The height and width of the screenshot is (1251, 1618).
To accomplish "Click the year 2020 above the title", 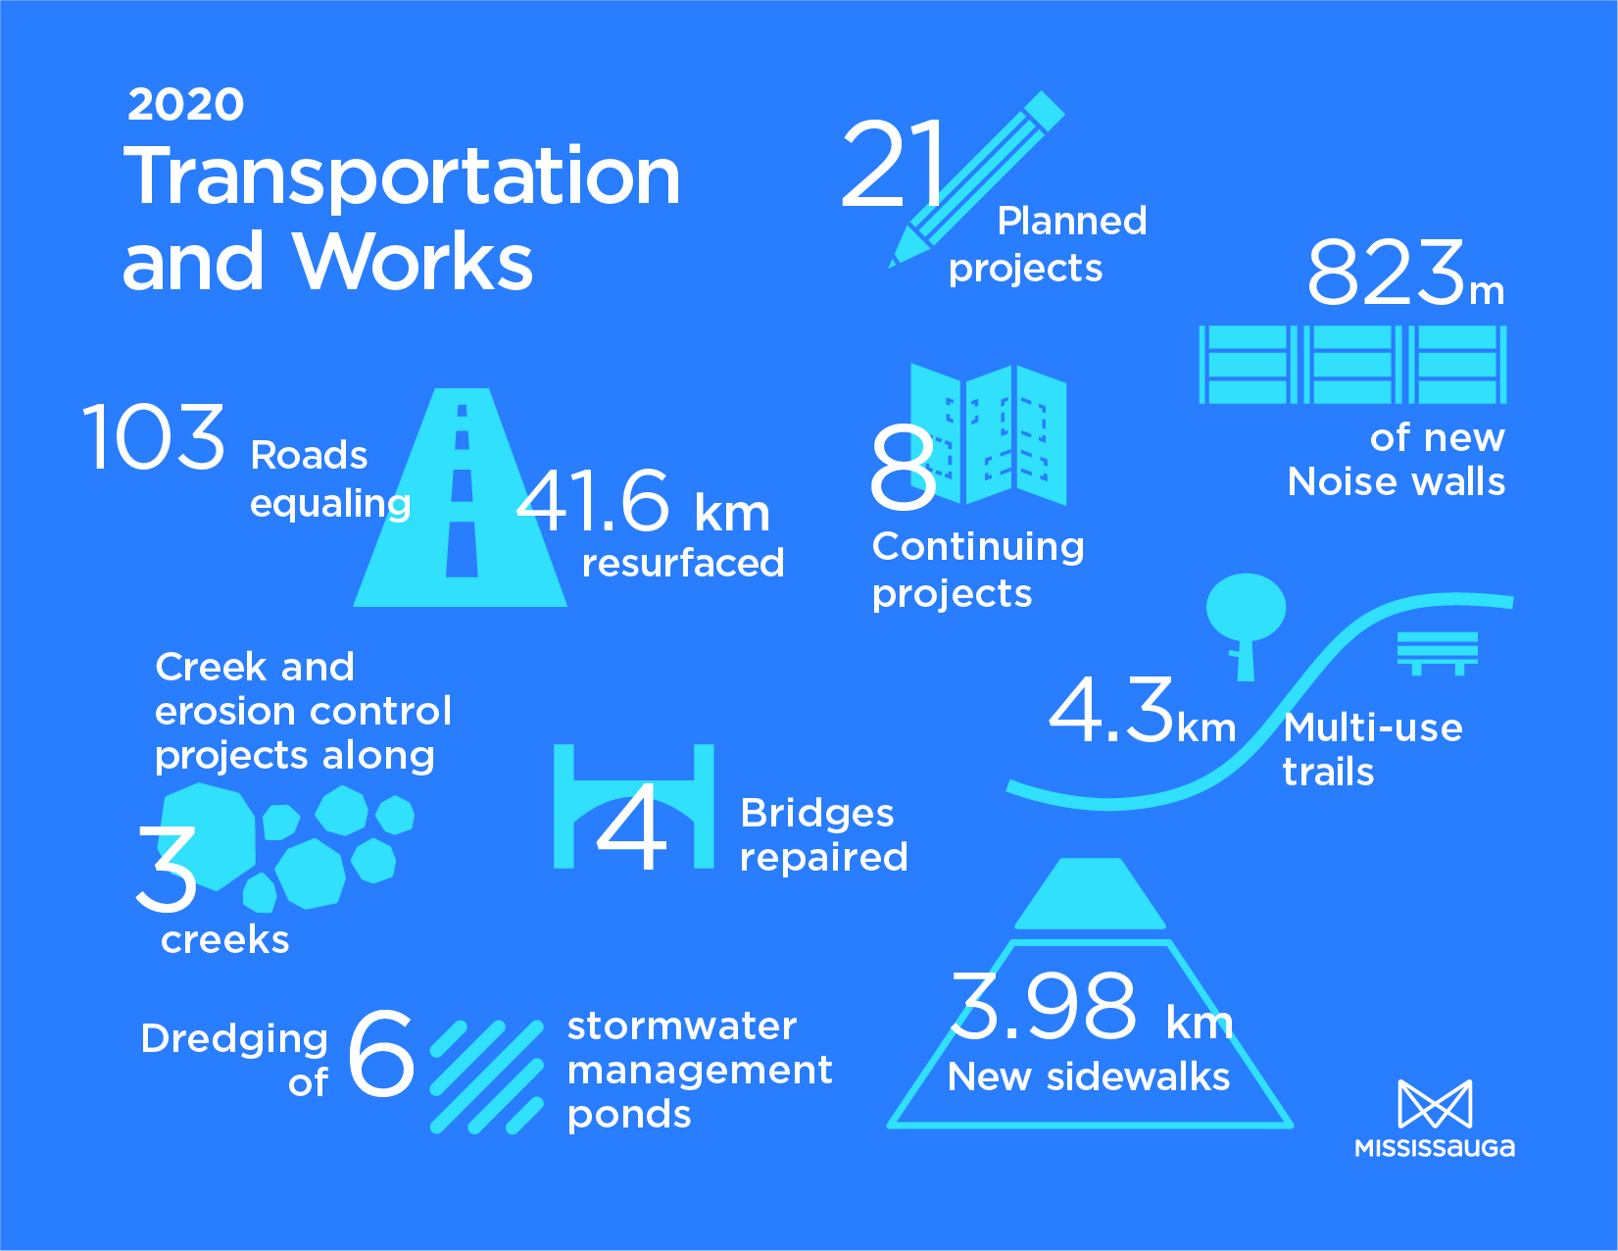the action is (185, 104).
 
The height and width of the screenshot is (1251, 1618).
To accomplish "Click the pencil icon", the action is (976, 179).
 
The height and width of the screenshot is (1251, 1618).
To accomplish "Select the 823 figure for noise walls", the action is (1386, 273).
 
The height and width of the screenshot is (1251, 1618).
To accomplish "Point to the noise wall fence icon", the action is (1353, 364).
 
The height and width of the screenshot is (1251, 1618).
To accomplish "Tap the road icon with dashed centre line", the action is (461, 497).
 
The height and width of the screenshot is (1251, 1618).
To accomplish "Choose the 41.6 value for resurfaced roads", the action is (594, 500).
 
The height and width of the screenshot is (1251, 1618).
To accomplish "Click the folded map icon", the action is (989, 435).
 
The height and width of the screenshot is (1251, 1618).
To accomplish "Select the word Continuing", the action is (978, 548).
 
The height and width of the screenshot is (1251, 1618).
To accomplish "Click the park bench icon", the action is (1437, 653).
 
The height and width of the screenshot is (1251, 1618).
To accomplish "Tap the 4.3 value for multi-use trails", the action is (1111, 710).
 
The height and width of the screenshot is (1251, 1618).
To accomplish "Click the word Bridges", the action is (816, 814).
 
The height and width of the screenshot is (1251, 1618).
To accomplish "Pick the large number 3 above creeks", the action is (166, 870).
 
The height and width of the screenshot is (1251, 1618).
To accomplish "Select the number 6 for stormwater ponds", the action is (380, 1054).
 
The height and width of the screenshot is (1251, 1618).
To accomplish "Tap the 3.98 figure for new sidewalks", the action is (1044, 1006).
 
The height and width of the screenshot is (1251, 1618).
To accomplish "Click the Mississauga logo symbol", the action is (1435, 1104).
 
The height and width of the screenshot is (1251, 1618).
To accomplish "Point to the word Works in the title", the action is (414, 262).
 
